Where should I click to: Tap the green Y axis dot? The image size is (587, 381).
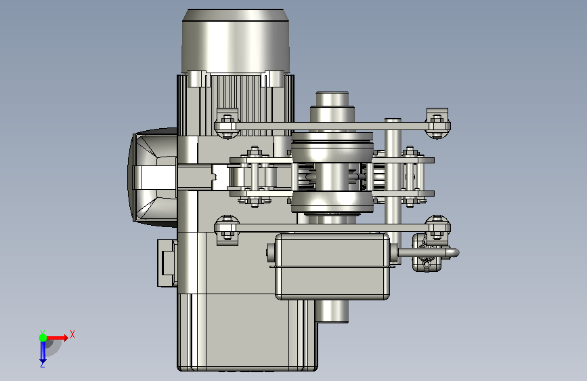point(43,338)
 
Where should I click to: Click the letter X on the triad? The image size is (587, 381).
point(72,334)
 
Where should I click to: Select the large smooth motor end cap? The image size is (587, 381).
point(236,41)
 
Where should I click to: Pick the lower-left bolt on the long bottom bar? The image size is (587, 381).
point(227,229)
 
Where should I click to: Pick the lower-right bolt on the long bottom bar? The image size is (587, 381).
point(437,228)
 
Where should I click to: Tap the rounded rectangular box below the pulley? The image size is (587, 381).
point(332,266)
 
